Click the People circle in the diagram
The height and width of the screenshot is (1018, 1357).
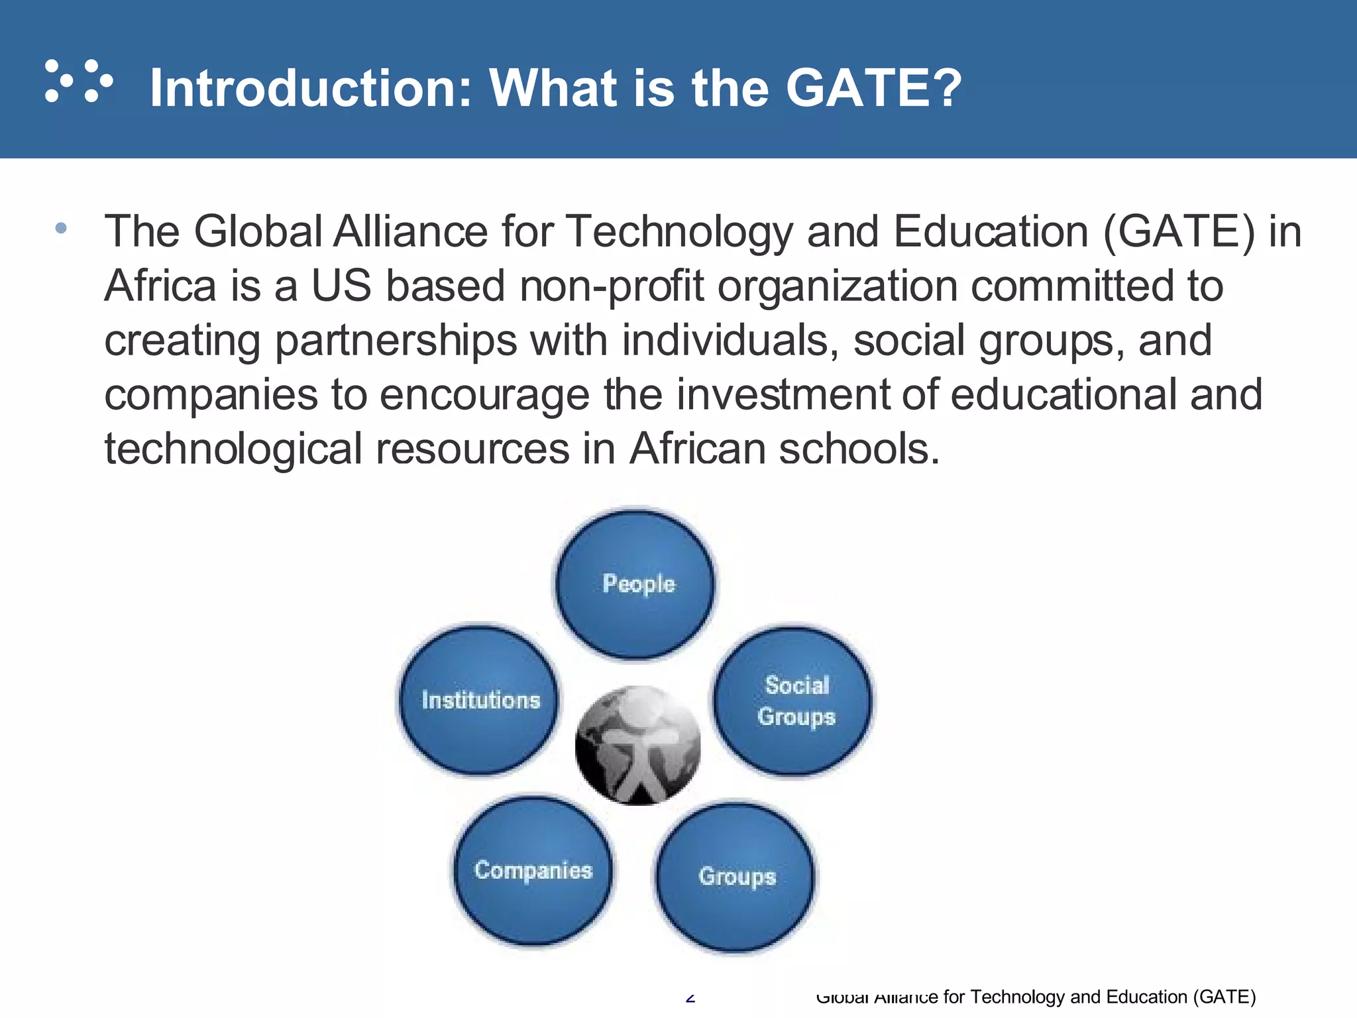[x=637, y=585]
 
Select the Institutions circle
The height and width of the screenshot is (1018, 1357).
[x=480, y=701]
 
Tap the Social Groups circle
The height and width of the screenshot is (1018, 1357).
[x=794, y=701]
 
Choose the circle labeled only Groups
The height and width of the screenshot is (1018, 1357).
[x=737, y=876]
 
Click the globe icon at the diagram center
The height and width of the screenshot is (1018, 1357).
[x=637, y=746]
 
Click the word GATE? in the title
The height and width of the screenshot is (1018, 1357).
[x=873, y=88]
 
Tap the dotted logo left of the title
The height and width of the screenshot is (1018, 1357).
[x=78, y=82]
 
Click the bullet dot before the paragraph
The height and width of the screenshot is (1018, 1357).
[x=61, y=229]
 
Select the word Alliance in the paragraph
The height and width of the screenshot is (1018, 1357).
[x=410, y=231]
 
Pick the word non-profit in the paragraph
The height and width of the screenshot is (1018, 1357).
[x=611, y=286]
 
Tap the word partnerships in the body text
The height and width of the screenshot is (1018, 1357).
[x=396, y=341]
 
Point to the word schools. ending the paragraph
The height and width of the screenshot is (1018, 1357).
[x=859, y=449]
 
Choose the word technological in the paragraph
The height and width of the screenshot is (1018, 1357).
[x=233, y=449]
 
